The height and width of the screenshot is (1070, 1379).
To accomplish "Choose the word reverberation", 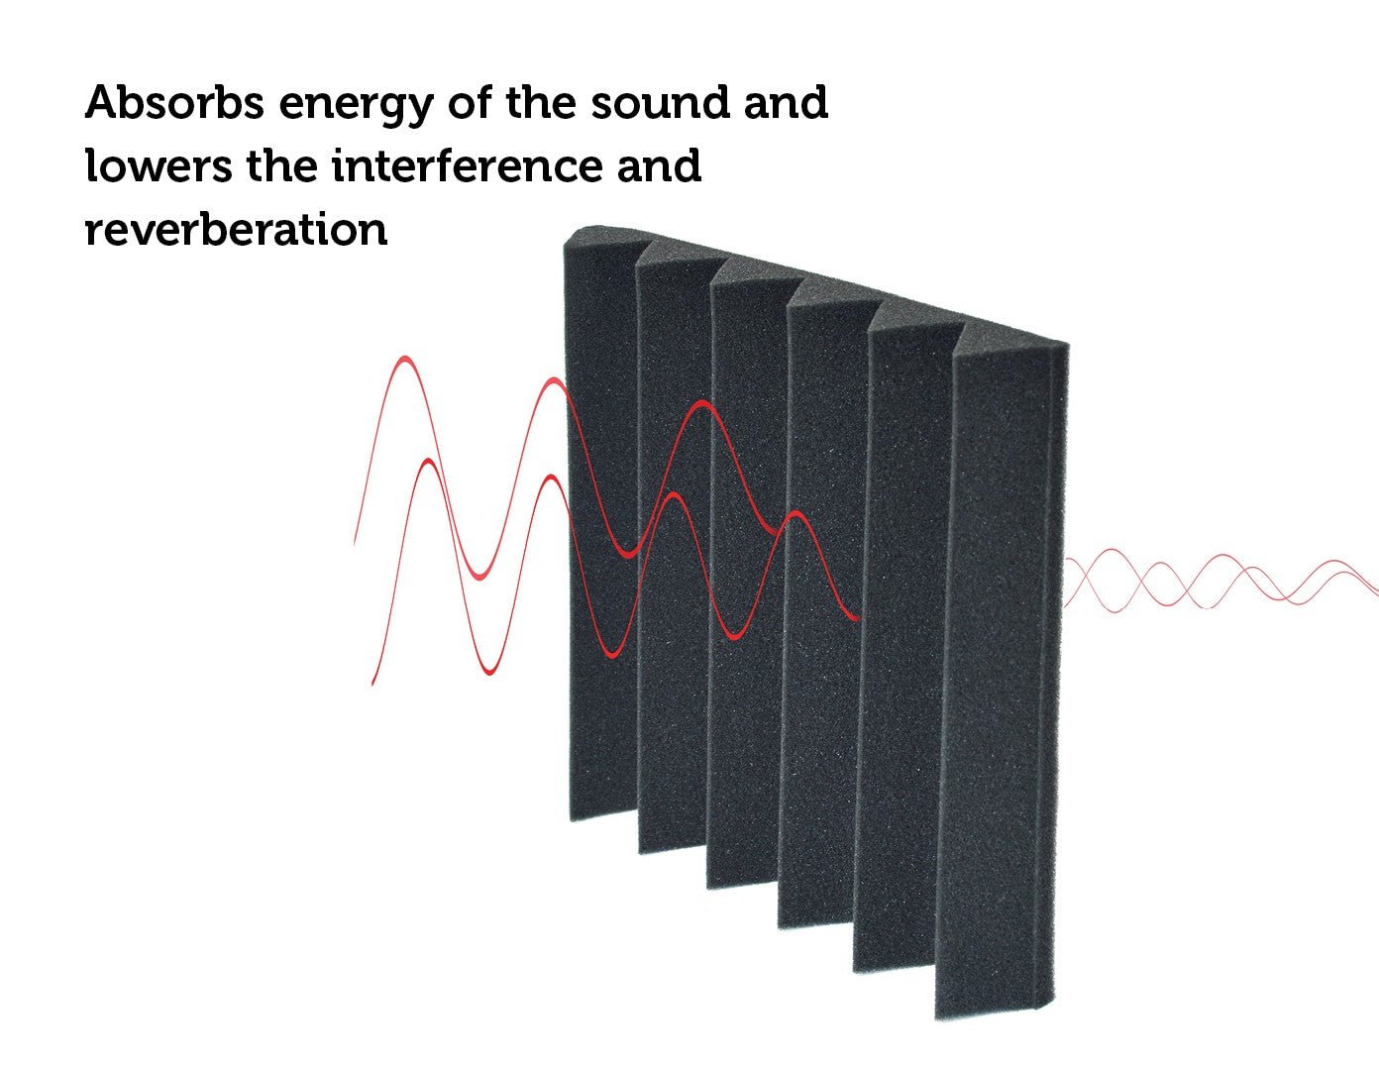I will tap(236, 231).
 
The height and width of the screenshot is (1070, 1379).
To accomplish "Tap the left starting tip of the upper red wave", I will tap(355, 542).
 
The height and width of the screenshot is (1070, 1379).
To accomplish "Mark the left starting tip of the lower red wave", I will tap(372, 683).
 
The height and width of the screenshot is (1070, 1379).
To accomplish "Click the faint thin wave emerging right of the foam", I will tap(1219, 581).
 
